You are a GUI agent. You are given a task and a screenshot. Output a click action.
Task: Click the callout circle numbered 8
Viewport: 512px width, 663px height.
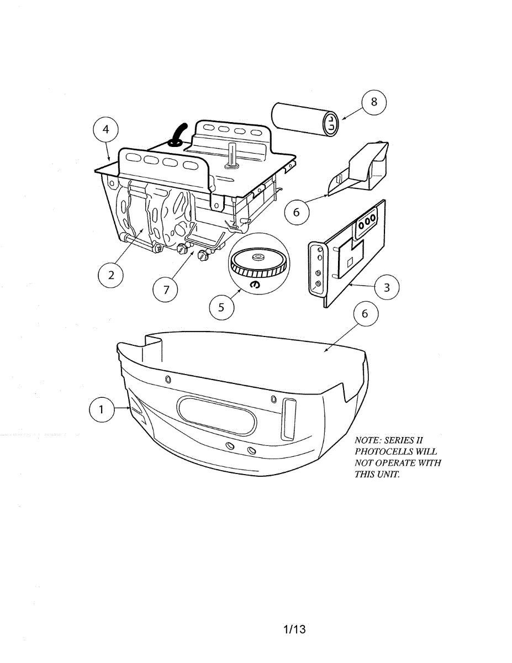coord(374,102)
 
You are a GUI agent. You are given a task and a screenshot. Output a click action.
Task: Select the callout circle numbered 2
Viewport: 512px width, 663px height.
coord(112,275)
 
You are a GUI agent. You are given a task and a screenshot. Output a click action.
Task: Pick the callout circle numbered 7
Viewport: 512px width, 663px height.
coord(165,288)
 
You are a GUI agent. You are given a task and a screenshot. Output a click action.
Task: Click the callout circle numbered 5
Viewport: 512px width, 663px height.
coord(221,307)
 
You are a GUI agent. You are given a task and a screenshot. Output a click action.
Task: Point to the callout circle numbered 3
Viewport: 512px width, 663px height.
coord(387,287)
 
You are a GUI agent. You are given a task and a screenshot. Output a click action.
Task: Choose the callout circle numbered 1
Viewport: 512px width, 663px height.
coord(101,409)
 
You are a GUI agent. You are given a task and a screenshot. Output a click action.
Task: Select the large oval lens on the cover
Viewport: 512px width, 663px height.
coord(217,415)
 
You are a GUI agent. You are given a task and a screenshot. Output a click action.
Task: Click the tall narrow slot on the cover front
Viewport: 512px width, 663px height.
coord(289,419)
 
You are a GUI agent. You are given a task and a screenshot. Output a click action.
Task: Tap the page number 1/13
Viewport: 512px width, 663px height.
coord(294,629)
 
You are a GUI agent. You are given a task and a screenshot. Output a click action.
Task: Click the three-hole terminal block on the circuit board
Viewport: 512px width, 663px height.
coord(367,219)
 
